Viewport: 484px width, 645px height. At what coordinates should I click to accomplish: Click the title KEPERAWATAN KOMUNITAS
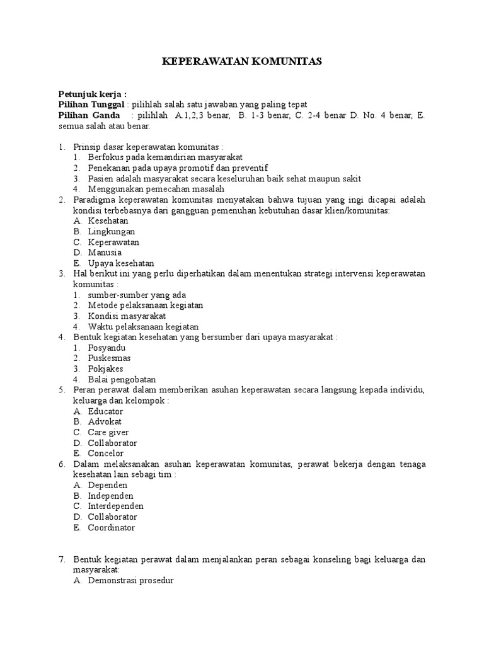(x=242, y=61)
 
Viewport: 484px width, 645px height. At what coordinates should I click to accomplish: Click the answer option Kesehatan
(x=108, y=221)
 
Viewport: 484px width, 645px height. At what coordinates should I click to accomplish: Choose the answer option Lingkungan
(x=112, y=232)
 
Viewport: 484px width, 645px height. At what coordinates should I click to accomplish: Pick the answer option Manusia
(x=105, y=253)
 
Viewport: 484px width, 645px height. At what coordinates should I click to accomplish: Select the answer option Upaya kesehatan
(x=121, y=263)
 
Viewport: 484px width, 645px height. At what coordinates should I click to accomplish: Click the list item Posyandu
(x=107, y=348)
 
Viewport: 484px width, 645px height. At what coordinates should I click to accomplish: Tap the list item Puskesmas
(x=110, y=358)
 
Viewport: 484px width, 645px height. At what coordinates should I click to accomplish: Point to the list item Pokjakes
(x=105, y=369)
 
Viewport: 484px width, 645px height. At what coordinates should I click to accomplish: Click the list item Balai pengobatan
(x=122, y=380)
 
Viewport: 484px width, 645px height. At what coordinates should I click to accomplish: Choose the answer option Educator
(x=105, y=411)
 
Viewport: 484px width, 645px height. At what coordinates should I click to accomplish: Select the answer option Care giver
(x=108, y=433)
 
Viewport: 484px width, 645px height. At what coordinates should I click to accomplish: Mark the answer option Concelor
(x=106, y=454)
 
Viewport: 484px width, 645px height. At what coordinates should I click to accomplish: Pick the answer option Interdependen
(x=116, y=506)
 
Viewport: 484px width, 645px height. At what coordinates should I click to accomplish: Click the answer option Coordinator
(x=112, y=528)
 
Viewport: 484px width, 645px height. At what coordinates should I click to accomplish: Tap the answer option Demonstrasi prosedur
(x=130, y=581)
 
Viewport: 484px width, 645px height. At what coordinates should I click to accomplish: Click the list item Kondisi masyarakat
(x=127, y=316)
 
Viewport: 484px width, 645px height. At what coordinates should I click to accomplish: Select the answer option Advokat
(x=105, y=422)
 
